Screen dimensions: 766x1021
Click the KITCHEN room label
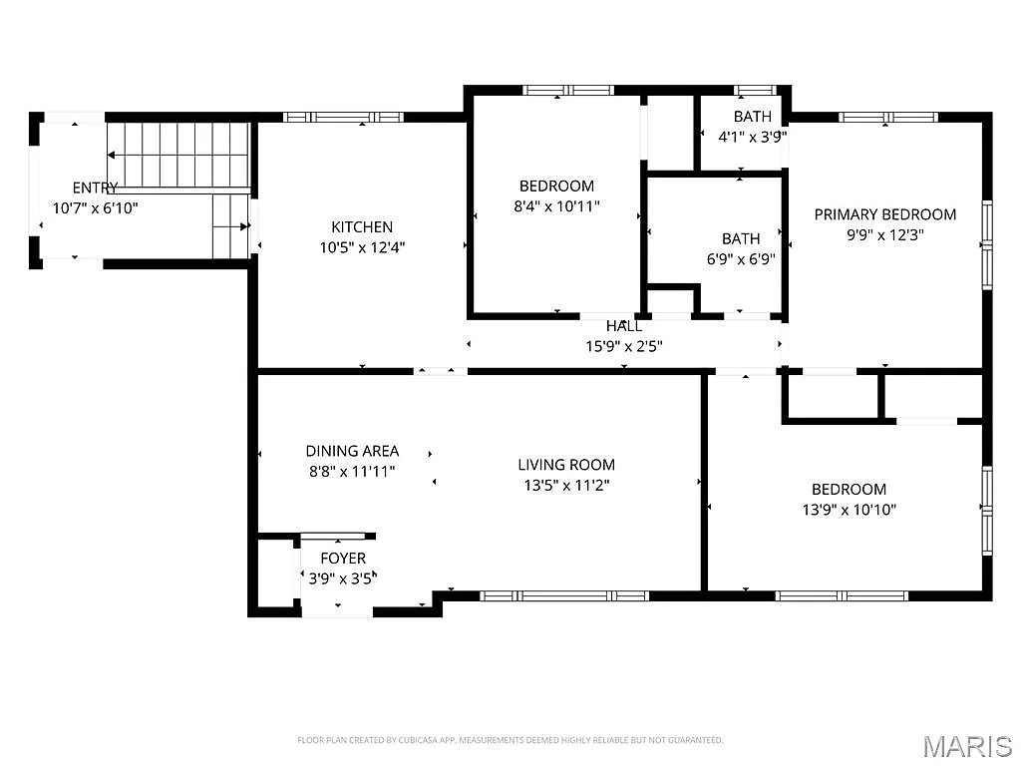tap(362, 226)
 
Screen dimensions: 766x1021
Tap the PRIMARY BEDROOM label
tap(884, 214)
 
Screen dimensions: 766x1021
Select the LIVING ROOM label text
tap(565, 465)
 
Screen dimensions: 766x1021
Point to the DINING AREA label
tap(352, 451)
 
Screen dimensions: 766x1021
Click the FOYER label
tap(342, 559)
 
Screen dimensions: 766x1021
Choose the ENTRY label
tap(95, 188)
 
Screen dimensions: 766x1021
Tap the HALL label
tap(623, 326)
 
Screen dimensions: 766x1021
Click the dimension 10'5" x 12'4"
tap(362, 246)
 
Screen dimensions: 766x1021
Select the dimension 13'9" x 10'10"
tap(849, 510)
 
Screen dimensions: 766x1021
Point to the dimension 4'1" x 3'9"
tap(753, 137)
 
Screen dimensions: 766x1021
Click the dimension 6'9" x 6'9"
tap(741, 258)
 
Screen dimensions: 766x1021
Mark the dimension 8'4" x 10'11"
tap(556, 206)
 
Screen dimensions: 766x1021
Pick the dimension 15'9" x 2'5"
tap(623, 346)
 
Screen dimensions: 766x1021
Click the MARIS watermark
tap(966, 745)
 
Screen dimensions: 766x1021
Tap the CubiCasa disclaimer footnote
tap(510, 740)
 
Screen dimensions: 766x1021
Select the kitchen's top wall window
tap(343, 117)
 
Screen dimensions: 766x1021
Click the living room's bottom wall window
tap(564, 595)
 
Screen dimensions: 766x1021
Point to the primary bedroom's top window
tap(888, 117)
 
